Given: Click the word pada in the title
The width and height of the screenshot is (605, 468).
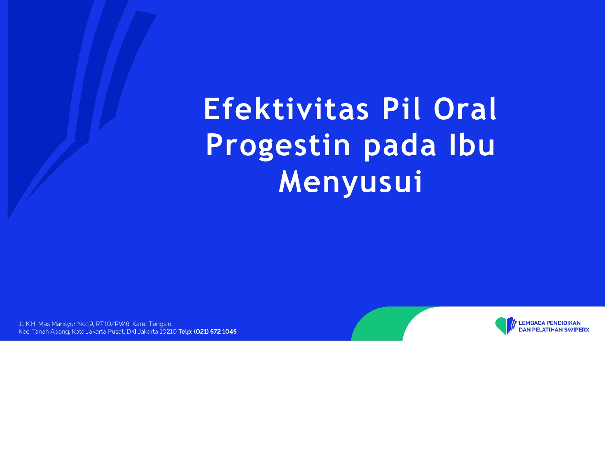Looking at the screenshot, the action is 400,146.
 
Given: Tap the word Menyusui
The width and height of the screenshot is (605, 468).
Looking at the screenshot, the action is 351,182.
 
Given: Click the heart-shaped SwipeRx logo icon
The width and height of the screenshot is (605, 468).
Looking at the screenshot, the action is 506,326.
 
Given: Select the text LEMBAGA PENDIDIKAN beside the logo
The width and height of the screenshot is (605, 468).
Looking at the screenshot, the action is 550,323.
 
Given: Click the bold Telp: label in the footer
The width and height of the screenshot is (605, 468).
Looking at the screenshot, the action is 185,331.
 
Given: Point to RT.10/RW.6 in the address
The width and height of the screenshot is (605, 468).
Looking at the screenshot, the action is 113,324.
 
